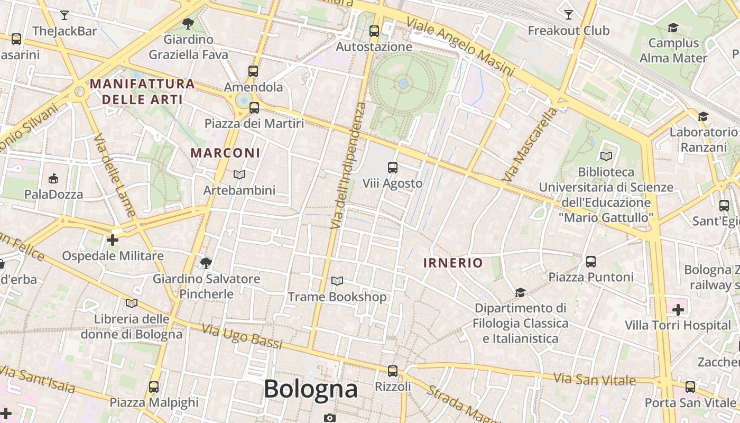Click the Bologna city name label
310,390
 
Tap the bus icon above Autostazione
374,31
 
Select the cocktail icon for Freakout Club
569,14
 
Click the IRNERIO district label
453,263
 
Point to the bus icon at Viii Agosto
392,168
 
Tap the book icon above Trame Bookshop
337,281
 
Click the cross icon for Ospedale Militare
113,240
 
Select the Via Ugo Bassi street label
242,336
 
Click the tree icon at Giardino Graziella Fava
188,23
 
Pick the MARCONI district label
225,153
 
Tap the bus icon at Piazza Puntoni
591,261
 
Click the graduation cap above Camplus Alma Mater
673,27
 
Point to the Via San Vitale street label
594,379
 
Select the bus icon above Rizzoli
392,371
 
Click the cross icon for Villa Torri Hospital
678,309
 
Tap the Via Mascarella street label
530,144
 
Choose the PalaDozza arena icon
53,179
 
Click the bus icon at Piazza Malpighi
154,387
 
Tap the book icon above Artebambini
239,174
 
